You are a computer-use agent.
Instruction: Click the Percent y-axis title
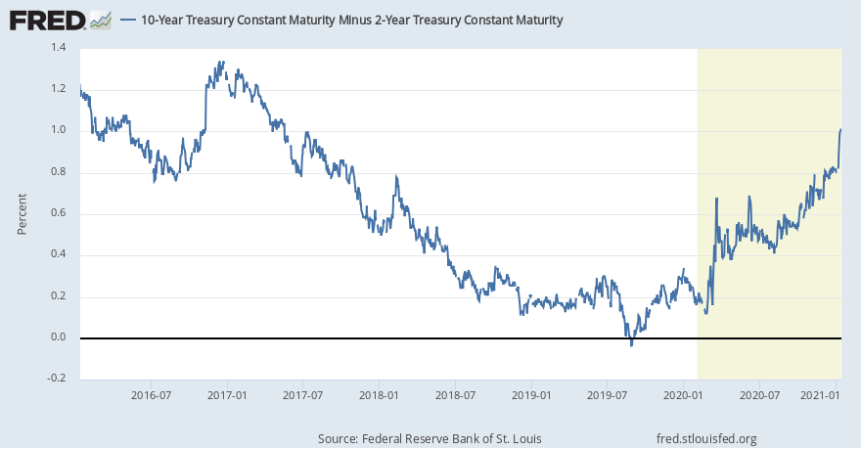22,213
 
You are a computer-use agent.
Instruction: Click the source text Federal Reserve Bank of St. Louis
430,438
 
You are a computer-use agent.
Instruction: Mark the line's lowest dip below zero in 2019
631,344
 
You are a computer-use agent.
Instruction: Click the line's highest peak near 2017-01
223,62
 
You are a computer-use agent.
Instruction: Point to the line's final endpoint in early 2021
840,129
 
